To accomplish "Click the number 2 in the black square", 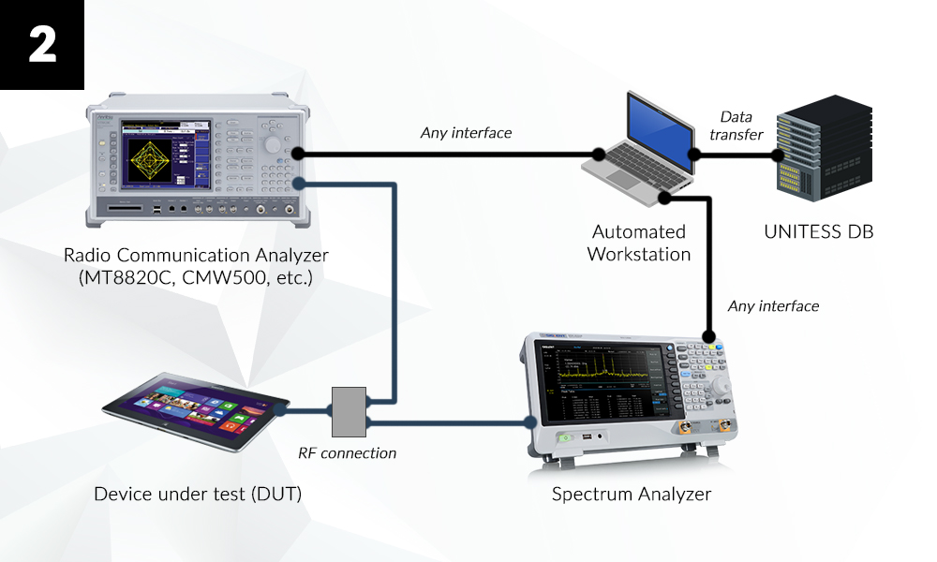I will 42,44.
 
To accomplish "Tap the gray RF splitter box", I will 349,410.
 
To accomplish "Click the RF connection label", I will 347,453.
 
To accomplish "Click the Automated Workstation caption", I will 639,242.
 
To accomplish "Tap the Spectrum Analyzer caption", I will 631,494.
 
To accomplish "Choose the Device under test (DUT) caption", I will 198,493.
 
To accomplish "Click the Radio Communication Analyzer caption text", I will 196,266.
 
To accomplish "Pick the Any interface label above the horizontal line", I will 466,133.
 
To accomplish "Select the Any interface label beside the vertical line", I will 773,306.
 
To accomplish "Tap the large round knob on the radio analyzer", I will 273,145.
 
